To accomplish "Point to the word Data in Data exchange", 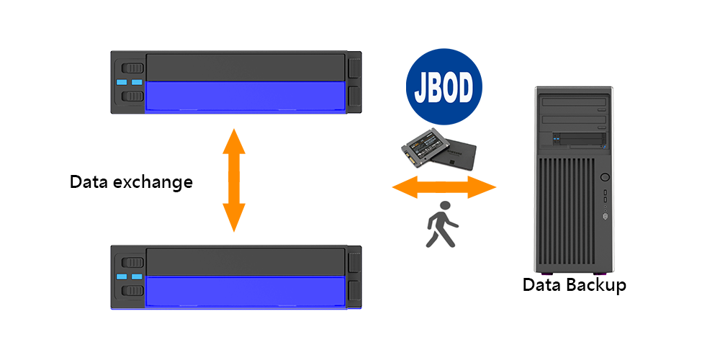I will click(x=87, y=181).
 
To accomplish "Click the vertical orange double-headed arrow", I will click(x=233, y=180).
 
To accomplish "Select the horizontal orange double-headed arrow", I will click(x=444, y=189).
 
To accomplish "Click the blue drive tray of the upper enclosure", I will click(x=245, y=96).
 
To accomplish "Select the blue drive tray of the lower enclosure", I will click(x=245, y=291).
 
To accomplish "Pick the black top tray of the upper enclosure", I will click(x=245, y=67).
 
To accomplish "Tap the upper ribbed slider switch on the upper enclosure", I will click(x=132, y=69).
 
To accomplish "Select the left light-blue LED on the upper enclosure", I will click(x=121, y=82).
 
